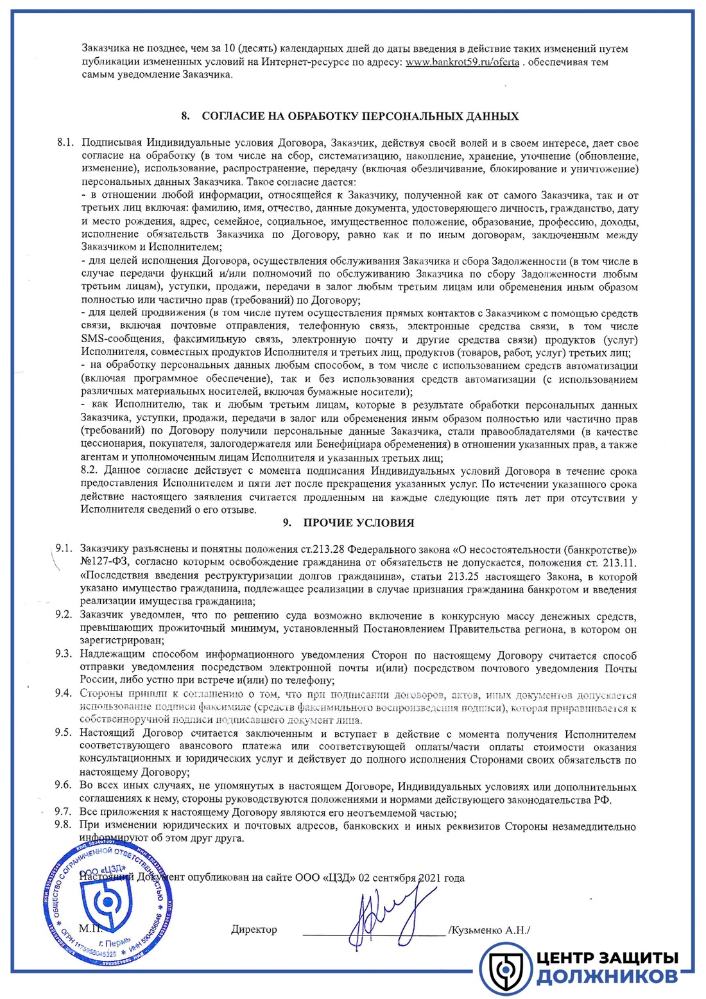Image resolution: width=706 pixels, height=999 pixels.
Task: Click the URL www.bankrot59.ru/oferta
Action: pos(462,62)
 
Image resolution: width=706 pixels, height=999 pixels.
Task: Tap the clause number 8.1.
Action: pos(65,143)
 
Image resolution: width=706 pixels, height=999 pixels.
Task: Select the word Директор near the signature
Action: pos(254,930)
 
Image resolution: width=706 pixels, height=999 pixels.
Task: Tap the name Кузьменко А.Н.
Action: pos(490,930)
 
